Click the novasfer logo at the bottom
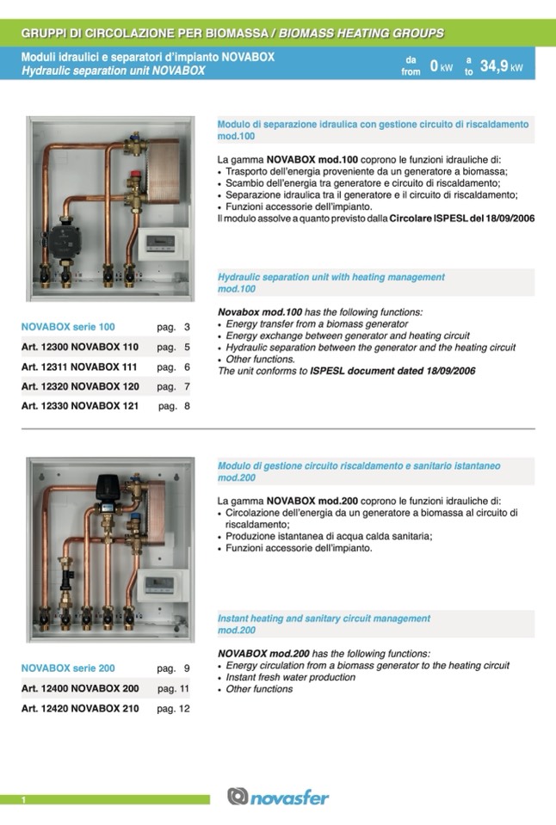point(278,797)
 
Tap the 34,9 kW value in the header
point(501,66)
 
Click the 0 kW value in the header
point(441,66)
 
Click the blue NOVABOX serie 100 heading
point(68,328)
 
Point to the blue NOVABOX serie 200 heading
point(68,668)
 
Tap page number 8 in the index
point(187,406)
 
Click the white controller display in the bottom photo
point(164,585)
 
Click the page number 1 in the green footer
point(23,801)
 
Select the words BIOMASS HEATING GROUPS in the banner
point(361,34)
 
